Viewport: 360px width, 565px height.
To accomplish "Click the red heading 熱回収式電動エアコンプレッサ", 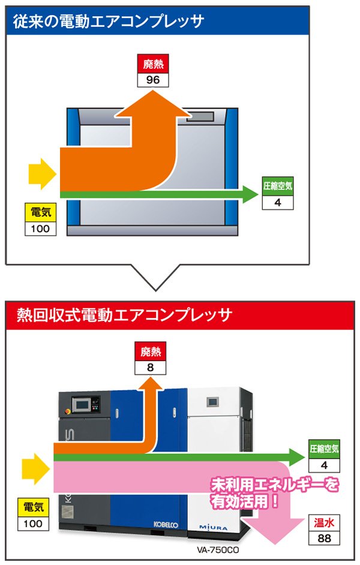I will click(121, 314).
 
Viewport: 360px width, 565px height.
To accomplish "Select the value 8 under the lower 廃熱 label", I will click(151, 367).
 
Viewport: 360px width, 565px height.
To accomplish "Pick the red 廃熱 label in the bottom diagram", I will click(151, 352).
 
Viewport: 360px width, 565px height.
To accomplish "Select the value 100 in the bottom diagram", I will click(34, 524).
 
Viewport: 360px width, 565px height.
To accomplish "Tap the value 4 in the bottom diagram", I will click(324, 465).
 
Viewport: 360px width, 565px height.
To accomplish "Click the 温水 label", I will click(324, 522).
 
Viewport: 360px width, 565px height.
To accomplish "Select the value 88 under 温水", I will click(324, 537).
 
